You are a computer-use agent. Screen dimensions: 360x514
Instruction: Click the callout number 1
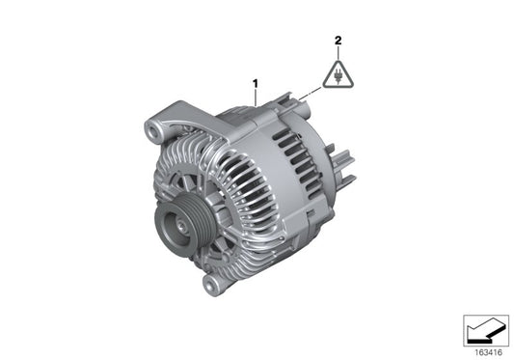point(256,84)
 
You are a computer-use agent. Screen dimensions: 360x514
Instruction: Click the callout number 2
point(338,41)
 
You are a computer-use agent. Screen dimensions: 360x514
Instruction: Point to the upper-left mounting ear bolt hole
point(151,126)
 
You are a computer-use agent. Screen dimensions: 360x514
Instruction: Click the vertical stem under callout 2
point(338,52)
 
